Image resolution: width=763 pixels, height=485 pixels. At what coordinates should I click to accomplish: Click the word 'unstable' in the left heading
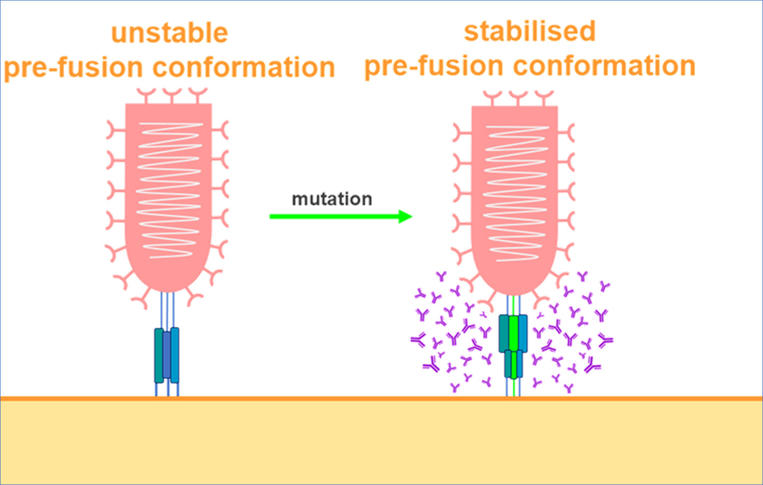coord(169,33)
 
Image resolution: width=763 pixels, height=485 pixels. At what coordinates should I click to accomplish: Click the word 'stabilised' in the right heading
coord(530,31)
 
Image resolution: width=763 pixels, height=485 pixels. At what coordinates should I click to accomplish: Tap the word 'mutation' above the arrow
coord(332,199)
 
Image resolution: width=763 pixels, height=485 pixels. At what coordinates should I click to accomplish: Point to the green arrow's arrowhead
coord(405,216)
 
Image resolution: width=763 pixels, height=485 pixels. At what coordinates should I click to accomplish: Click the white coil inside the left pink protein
coord(169,190)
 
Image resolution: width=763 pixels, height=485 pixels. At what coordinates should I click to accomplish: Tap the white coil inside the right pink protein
coord(515,193)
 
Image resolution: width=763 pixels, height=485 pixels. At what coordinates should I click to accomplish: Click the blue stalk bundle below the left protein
coord(167,355)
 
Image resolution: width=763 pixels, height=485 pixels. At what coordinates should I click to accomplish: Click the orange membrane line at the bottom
coord(381,398)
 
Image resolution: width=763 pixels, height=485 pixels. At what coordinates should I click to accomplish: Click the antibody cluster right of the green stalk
coord(571,333)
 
